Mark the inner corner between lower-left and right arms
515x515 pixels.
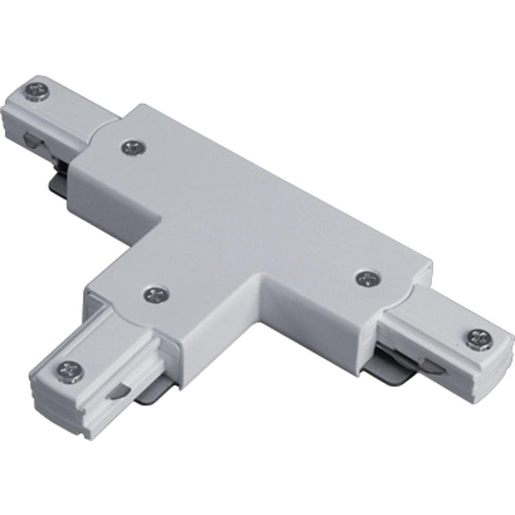[263, 281]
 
